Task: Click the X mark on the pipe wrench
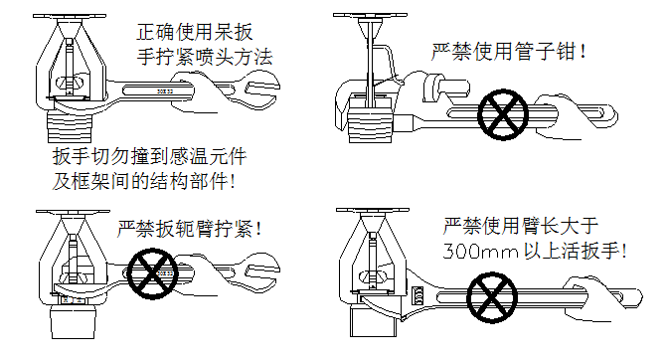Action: click(x=503, y=114)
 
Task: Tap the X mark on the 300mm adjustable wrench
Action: click(x=492, y=297)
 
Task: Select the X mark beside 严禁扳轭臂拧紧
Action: click(x=152, y=273)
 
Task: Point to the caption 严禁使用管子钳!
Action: click(x=509, y=52)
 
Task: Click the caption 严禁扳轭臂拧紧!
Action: click(x=189, y=229)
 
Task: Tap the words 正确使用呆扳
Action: click(x=195, y=32)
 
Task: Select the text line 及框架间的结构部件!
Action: click(x=143, y=181)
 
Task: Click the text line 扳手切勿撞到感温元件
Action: click(x=149, y=156)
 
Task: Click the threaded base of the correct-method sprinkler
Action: click(x=70, y=127)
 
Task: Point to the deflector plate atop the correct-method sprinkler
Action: click(x=70, y=16)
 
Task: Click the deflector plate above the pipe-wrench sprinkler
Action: click(x=370, y=15)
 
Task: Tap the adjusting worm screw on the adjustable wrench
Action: click(x=418, y=294)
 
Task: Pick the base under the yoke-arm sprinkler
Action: click(x=73, y=323)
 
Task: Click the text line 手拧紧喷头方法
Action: click(x=205, y=57)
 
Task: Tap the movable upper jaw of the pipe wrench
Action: click(x=444, y=89)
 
